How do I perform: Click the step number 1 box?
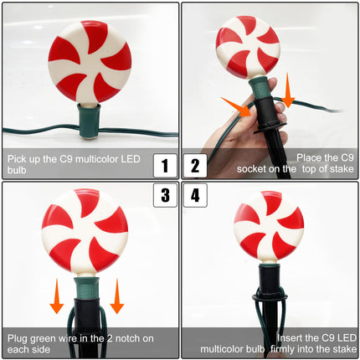[165, 166]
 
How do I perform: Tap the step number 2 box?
[195, 166]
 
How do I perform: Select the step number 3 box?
[165, 195]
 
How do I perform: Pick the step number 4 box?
[195, 195]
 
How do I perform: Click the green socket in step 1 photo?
[89, 121]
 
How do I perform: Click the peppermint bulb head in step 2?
[248, 47]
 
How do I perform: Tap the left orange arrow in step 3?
[57, 296]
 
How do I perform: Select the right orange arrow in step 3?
[117, 296]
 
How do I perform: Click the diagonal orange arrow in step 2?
[237, 107]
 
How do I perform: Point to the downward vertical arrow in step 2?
[287, 90]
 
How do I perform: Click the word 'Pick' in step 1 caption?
[17, 159]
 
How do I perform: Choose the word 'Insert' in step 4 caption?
[291, 338]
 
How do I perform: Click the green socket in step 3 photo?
[86, 287]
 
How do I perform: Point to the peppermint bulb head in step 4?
[269, 225]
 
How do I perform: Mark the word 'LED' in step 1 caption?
[131, 159]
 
